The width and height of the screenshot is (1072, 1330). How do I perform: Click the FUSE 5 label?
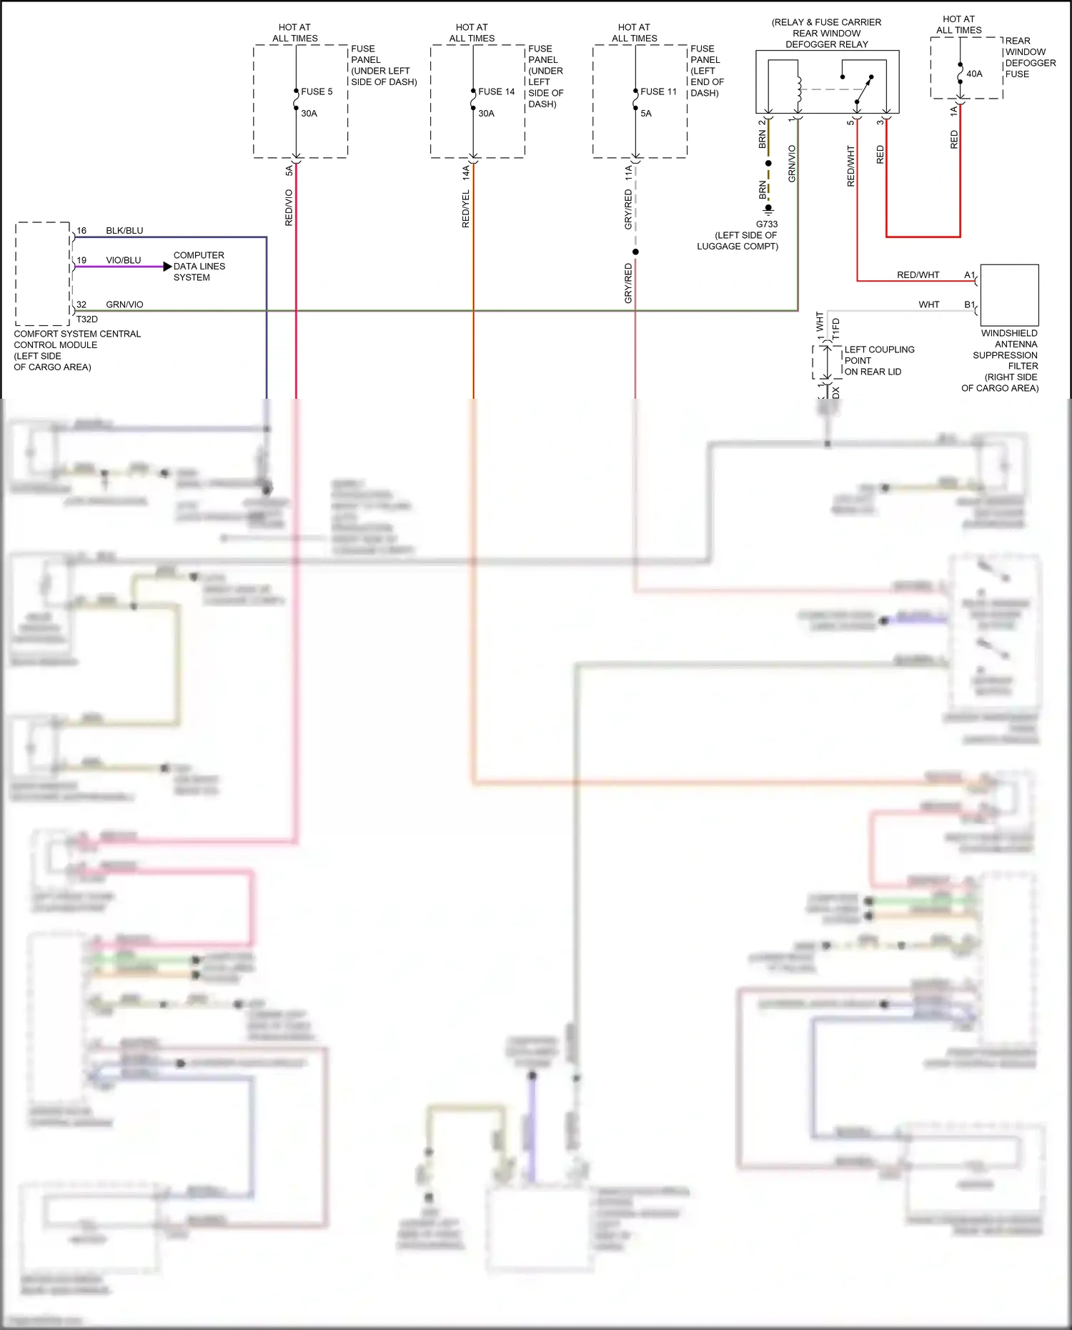317,91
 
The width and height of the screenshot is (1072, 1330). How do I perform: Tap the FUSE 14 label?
496,91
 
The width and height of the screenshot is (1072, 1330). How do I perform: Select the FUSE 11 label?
658,91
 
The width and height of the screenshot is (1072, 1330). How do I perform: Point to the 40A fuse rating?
974,74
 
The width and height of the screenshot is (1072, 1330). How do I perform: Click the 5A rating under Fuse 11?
646,114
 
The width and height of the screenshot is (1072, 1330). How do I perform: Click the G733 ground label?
767,224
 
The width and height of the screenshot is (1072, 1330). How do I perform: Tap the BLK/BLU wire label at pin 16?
124,231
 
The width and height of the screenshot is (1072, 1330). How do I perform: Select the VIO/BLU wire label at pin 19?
124,260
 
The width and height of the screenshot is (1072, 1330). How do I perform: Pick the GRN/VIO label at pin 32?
124,304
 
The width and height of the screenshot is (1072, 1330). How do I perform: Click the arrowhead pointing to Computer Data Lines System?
167,267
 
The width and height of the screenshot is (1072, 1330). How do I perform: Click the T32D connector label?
87,319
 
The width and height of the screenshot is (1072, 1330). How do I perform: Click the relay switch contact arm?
865,89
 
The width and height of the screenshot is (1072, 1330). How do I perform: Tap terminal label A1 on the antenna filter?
969,275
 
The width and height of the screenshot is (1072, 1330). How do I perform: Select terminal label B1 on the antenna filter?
969,305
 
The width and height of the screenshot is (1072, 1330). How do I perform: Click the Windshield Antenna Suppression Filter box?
1009,295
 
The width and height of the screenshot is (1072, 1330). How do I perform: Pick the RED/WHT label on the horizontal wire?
918,275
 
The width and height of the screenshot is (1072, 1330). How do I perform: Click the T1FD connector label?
836,328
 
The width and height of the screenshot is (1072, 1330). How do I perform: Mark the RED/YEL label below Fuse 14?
466,209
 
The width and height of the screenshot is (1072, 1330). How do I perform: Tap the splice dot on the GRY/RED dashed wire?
635,252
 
